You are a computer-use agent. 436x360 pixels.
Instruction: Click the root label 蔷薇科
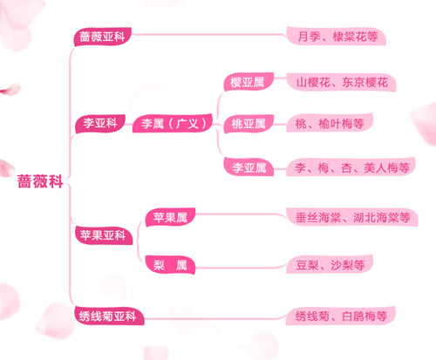coord(40,181)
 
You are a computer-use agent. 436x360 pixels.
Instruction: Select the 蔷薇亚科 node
coord(102,37)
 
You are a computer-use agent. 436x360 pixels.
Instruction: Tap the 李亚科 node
coord(100,123)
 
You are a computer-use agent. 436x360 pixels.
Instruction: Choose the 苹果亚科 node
coord(103,235)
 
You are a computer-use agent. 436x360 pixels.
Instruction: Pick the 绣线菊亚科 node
coord(108,316)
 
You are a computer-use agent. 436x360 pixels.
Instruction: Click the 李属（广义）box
coord(173,123)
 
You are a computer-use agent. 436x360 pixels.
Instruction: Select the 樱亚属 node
coord(249,82)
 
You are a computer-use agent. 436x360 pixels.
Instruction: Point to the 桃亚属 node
coord(249,124)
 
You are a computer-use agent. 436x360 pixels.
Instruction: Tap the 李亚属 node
coord(249,167)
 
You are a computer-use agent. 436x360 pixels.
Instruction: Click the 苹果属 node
coord(170,217)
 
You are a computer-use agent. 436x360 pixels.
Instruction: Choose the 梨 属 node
coord(170,265)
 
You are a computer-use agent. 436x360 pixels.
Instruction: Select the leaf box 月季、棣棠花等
coord(337,36)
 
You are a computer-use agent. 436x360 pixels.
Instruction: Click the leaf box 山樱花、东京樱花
coord(341,82)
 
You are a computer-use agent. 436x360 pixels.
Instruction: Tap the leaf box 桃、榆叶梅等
coord(330,123)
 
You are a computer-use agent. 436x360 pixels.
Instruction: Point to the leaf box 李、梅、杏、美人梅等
coord(351,167)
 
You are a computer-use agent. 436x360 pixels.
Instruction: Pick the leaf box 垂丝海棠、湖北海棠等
coord(352,217)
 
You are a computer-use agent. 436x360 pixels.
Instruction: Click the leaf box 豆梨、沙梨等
coord(330,264)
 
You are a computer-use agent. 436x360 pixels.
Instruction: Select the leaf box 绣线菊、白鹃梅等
coord(341,316)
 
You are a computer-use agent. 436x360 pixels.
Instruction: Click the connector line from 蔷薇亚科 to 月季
coord(208,35)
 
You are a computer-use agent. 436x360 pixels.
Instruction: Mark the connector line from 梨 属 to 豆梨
coord(241,267)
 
